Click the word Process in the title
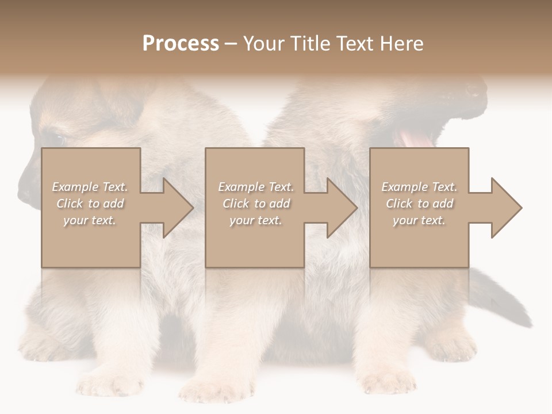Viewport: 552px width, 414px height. coord(181,44)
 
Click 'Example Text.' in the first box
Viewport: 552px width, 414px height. coord(90,187)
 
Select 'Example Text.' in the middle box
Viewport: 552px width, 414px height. coord(256,187)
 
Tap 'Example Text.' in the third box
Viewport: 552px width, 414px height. coord(419,187)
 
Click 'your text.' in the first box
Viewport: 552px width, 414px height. coord(90,220)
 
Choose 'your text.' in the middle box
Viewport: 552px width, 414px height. coord(255,220)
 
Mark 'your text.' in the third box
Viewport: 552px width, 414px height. coord(419,220)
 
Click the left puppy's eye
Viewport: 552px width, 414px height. coord(57,139)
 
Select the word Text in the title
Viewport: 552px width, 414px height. coord(356,44)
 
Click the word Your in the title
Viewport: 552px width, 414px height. coord(262,44)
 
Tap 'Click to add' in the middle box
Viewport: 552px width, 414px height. coord(256,204)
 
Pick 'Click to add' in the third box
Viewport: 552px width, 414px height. coord(419,204)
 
